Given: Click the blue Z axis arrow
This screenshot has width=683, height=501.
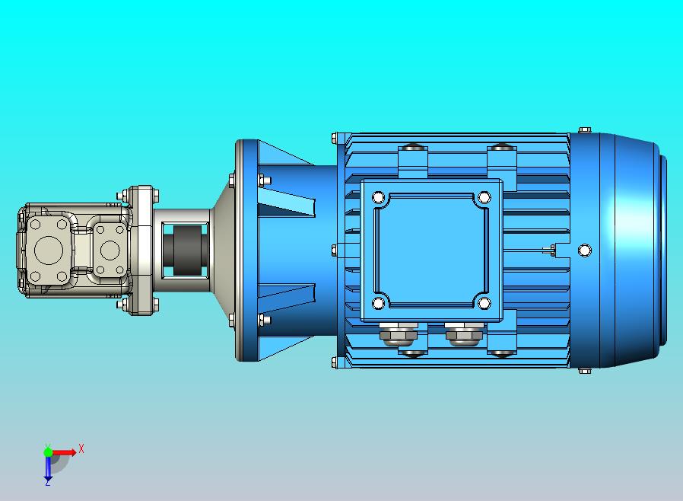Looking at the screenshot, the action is pos(48,467).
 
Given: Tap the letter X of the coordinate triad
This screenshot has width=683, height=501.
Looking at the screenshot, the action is pos(81,448).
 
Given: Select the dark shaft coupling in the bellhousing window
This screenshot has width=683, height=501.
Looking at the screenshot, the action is pos(186,250).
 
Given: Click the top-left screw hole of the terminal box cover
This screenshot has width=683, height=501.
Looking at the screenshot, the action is pos(379,197).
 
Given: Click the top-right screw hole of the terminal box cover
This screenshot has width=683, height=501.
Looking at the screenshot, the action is pos(484,197).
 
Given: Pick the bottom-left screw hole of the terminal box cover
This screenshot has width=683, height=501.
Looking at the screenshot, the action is pos(379,303).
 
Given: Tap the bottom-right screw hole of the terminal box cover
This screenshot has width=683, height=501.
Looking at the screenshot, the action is pos(484,303).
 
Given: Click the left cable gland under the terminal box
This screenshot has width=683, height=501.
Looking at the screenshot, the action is pos(398,334).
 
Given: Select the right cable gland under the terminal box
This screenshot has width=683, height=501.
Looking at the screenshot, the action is pos(464,334).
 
